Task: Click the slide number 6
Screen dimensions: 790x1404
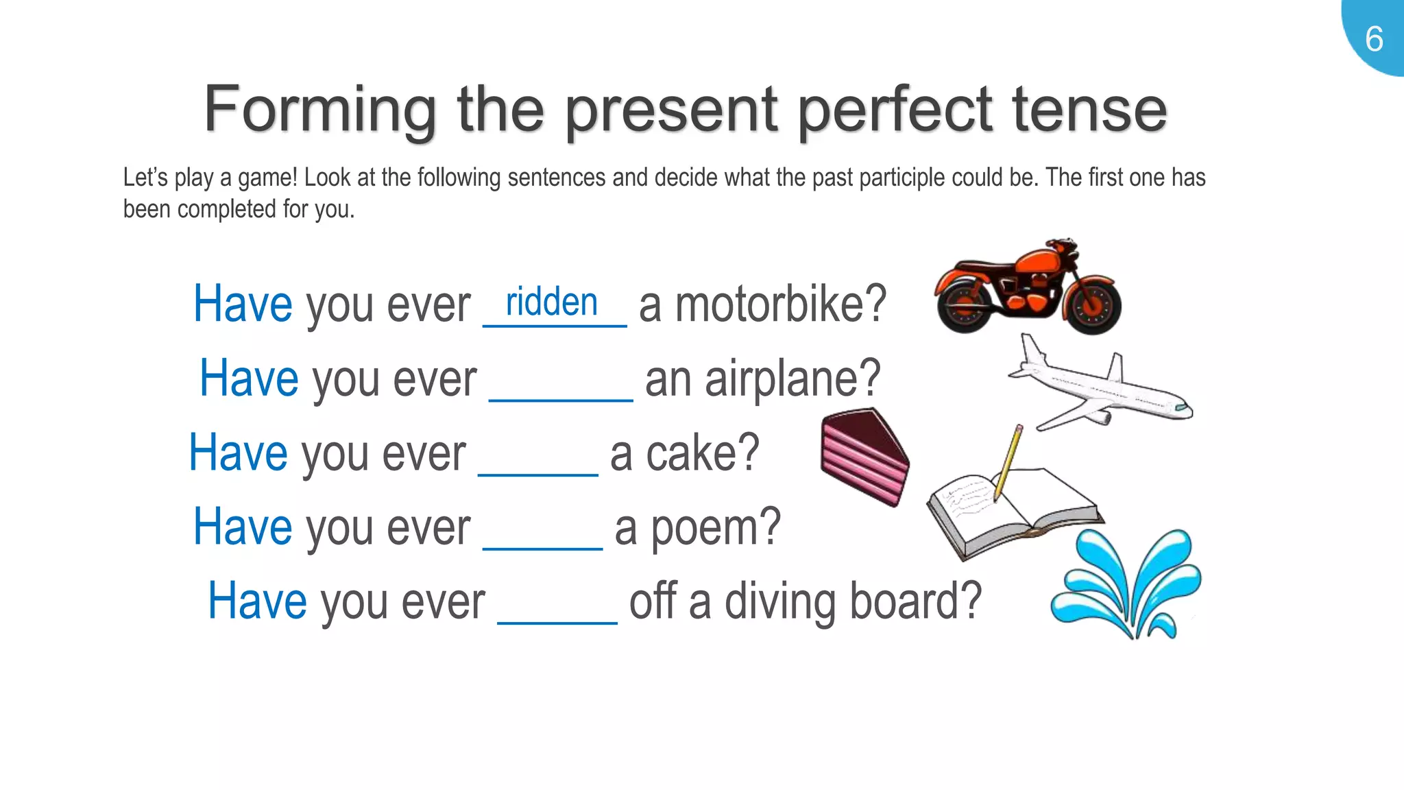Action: (x=1374, y=39)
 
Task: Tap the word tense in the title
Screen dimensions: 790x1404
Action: (x=1089, y=110)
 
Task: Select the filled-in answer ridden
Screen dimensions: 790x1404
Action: (x=552, y=302)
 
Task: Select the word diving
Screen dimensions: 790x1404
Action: (x=781, y=601)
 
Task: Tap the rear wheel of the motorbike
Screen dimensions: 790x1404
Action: (x=964, y=306)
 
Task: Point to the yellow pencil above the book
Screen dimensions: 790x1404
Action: (x=1008, y=463)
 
